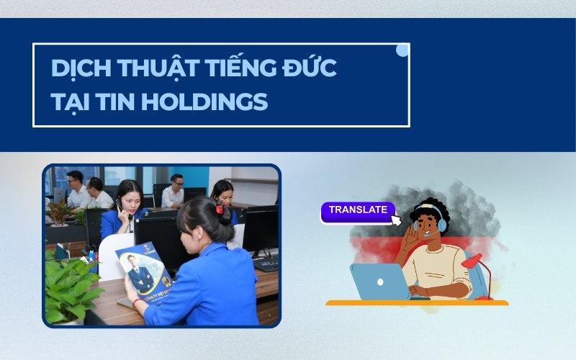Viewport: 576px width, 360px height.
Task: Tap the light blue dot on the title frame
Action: coord(402,50)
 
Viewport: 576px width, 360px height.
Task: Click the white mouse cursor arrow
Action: coord(395,220)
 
